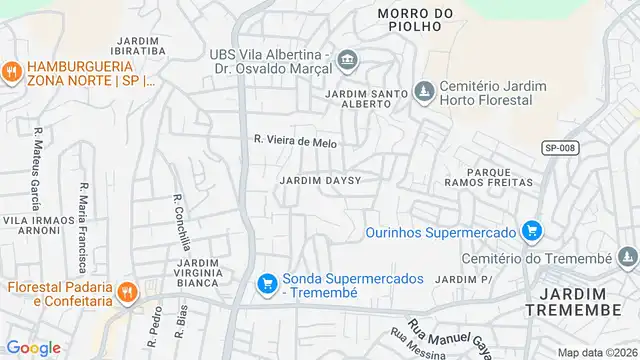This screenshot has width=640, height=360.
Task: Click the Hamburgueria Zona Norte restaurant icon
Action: (x=11, y=71)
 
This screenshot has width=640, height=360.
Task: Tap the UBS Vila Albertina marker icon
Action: (x=347, y=57)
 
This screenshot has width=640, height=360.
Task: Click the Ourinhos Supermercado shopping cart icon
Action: (x=531, y=232)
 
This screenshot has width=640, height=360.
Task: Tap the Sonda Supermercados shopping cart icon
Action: (x=267, y=285)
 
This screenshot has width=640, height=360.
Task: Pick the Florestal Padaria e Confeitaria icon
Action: (x=127, y=293)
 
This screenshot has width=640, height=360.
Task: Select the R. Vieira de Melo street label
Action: (x=295, y=143)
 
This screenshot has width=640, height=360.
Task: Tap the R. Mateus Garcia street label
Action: (x=37, y=160)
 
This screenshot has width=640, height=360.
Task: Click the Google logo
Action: (x=33, y=348)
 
